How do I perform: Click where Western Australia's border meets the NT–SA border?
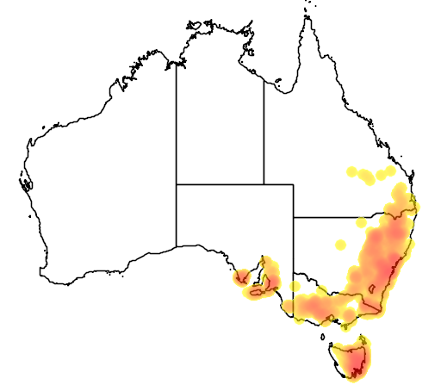pos(177,183)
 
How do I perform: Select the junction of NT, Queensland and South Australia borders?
pos(264,183)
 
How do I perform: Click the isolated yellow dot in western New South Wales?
pos(339,245)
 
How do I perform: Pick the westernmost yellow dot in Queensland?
pos(351,172)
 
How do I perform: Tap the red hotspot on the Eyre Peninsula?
pos(242,277)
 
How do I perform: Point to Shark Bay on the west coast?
pos(25,182)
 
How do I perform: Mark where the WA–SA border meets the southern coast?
pos(177,246)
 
